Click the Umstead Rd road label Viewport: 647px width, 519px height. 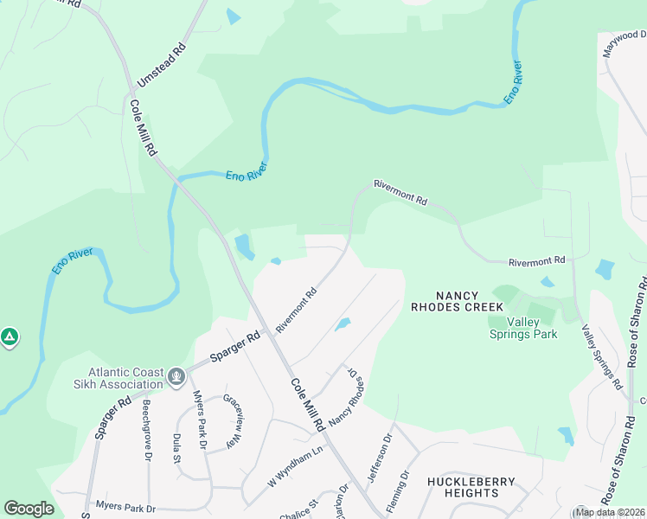click(162, 63)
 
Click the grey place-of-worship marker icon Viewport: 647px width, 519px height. click(176, 377)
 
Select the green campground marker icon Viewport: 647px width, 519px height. click(9, 336)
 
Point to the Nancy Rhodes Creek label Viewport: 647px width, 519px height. click(457, 300)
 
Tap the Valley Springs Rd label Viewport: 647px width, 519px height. click(602, 356)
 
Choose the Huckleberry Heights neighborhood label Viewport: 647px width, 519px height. click(471, 487)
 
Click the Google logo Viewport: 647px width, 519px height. click(29, 509)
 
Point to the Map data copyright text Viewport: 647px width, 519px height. click(609, 512)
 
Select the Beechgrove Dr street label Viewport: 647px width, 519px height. click(147, 429)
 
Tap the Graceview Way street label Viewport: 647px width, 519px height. click(230, 421)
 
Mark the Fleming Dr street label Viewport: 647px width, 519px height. click(403, 490)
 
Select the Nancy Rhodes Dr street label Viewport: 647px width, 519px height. click(343, 396)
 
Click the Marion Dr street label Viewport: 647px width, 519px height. click(343, 502)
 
